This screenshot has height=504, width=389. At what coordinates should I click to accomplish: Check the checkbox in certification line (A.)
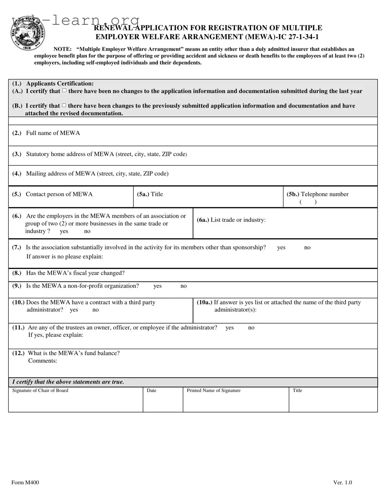click(x=65, y=91)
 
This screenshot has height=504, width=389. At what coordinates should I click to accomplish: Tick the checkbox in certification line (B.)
click(x=64, y=106)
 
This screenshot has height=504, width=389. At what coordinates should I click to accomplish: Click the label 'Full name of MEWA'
click(x=53, y=133)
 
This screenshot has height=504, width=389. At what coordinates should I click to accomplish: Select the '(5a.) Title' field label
click(x=150, y=194)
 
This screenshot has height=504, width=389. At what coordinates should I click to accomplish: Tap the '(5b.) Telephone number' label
click(x=317, y=194)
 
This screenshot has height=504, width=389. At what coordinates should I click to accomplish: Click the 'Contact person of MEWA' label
click(x=59, y=194)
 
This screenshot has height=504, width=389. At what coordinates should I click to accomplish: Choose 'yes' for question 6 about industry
click(x=64, y=231)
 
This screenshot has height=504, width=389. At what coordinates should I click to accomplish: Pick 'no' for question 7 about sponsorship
click(x=307, y=248)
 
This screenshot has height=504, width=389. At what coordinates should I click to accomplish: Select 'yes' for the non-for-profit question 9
click(x=157, y=286)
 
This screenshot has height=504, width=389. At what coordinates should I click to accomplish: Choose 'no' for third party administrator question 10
click(x=95, y=310)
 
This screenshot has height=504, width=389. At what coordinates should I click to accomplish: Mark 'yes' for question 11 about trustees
click(x=230, y=328)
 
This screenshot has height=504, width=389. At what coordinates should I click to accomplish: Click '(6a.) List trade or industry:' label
click(x=231, y=220)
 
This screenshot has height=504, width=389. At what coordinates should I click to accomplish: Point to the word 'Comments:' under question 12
click(x=43, y=361)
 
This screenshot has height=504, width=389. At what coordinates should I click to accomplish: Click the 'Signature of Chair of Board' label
click(x=40, y=390)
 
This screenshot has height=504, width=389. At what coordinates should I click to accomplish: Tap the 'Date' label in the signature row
click(x=151, y=390)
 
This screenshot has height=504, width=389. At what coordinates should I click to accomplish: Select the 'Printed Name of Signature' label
click(x=213, y=390)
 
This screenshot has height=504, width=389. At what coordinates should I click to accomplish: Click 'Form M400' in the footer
click(x=25, y=483)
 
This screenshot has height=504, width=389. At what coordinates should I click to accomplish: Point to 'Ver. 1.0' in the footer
click(x=342, y=483)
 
